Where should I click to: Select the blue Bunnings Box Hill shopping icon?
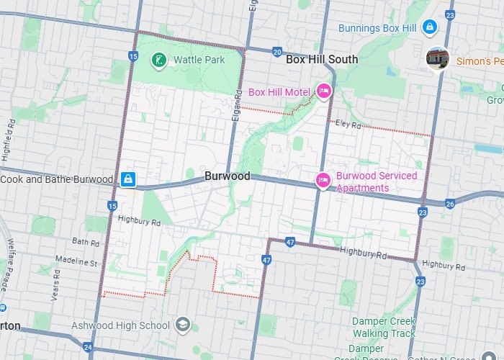coord(429,27)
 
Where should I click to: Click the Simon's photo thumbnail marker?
coord(438,58)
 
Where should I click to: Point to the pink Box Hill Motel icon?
coord(323,91)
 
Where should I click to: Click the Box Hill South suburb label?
coord(321,60)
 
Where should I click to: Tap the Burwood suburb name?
coord(227,176)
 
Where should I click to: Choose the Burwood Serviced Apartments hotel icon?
coord(323,181)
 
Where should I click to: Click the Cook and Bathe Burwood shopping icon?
coord(127,179)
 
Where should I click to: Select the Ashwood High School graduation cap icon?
coord(182,325)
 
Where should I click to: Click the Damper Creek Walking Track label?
coord(384,327)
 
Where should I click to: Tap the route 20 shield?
coord(277,52)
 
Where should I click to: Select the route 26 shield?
coord(450,204)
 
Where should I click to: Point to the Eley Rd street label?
coord(348,125)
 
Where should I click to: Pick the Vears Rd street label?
coord(55,291)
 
